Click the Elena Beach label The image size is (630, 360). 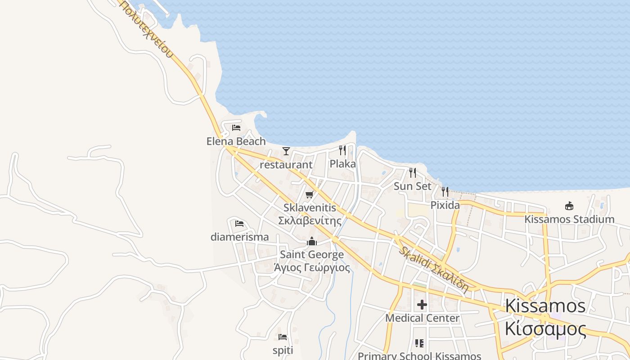(x=236, y=141)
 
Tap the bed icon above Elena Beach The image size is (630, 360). (x=236, y=128)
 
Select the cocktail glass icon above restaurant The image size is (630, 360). (x=286, y=151)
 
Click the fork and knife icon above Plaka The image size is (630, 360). (x=343, y=150)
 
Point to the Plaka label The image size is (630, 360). (x=343, y=164)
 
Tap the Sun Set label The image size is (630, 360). (x=413, y=186)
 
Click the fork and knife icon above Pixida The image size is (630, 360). (x=445, y=192)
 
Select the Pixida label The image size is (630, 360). (x=445, y=206)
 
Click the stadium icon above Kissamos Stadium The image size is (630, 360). (x=569, y=206)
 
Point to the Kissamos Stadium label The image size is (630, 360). (x=569, y=220)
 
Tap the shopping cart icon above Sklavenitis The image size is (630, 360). (x=309, y=194)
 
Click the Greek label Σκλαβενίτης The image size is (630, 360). (x=310, y=220)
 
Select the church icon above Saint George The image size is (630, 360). (x=312, y=242)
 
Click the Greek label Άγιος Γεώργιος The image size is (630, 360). (x=312, y=268)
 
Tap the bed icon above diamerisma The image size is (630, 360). (x=239, y=223)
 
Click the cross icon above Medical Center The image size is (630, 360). (x=422, y=305)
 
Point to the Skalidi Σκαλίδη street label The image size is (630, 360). (x=433, y=269)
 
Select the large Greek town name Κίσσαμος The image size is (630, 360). (x=545, y=329)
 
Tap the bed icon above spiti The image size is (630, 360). (x=283, y=337)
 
